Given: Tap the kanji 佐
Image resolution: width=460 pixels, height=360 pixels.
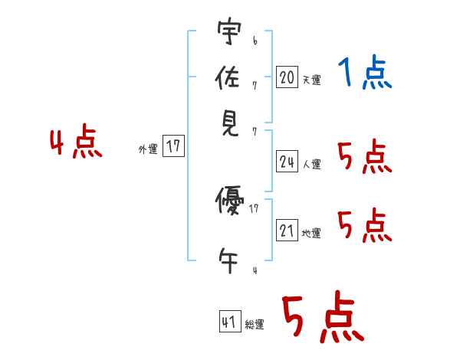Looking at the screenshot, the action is click(x=228, y=78).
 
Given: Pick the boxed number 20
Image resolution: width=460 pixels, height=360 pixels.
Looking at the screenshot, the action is click(x=287, y=77).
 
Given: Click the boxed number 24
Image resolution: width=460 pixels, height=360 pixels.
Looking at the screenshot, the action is click(x=287, y=161).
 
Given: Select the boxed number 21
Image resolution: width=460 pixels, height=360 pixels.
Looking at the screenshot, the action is click(x=287, y=231).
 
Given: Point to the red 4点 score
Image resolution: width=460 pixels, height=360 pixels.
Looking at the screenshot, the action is click(x=76, y=143).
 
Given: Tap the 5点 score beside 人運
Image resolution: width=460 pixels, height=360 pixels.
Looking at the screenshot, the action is click(x=364, y=158).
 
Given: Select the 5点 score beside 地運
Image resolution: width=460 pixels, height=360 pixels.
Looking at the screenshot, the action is click(x=364, y=226).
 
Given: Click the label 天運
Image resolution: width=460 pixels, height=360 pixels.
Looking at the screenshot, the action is click(x=311, y=80).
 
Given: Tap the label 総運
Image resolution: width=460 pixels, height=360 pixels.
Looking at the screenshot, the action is click(x=255, y=325).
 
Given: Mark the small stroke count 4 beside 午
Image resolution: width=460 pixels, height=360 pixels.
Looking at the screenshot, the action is click(x=255, y=270).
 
